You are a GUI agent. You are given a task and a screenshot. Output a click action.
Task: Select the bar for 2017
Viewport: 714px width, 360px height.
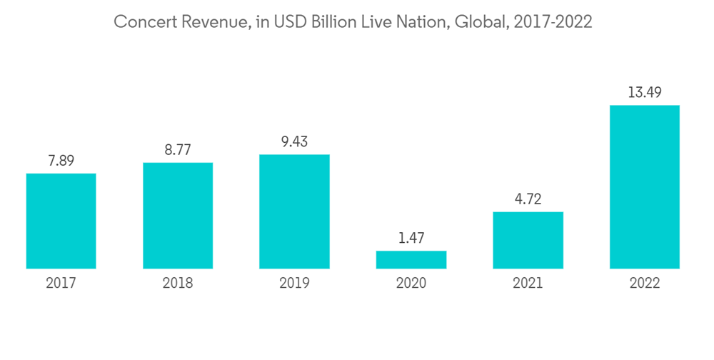click(x=61, y=221)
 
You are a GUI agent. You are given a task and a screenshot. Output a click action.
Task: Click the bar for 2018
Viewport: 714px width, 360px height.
click(x=178, y=216)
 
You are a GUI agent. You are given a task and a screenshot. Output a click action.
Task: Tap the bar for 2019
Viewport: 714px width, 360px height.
click(x=294, y=211)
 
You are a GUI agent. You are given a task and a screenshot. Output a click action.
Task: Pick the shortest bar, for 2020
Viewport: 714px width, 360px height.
click(x=411, y=260)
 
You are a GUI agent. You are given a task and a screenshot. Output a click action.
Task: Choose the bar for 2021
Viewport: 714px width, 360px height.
click(x=528, y=240)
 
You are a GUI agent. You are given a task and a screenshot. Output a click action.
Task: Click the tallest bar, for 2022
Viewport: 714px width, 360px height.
click(x=645, y=187)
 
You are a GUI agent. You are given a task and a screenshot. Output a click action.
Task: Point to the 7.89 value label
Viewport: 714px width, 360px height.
click(x=61, y=161)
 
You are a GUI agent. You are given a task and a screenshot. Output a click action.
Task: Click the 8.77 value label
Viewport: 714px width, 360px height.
click(x=178, y=151)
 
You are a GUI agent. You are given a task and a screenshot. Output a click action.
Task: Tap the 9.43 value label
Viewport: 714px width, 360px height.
click(x=294, y=142)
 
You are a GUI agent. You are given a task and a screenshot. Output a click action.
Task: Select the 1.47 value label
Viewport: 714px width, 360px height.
click(x=411, y=239)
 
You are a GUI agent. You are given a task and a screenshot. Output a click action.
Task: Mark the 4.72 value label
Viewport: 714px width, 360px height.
click(x=528, y=199)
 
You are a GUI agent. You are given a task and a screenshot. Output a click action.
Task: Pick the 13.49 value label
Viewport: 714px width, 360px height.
click(x=645, y=93)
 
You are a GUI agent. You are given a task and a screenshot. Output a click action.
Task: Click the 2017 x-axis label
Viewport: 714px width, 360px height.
click(x=61, y=284)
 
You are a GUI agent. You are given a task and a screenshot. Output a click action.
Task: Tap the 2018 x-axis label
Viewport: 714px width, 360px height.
click(x=178, y=284)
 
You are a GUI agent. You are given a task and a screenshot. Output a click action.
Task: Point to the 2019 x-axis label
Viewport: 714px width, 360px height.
click(x=294, y=284)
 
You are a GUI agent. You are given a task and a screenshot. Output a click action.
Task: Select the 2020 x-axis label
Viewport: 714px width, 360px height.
click(x=411, y=284)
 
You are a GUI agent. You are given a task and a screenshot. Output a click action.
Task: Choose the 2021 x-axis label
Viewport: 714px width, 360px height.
click(x=528, y=284)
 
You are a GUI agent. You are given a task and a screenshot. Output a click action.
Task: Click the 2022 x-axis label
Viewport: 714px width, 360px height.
click(x=645, y=284)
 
